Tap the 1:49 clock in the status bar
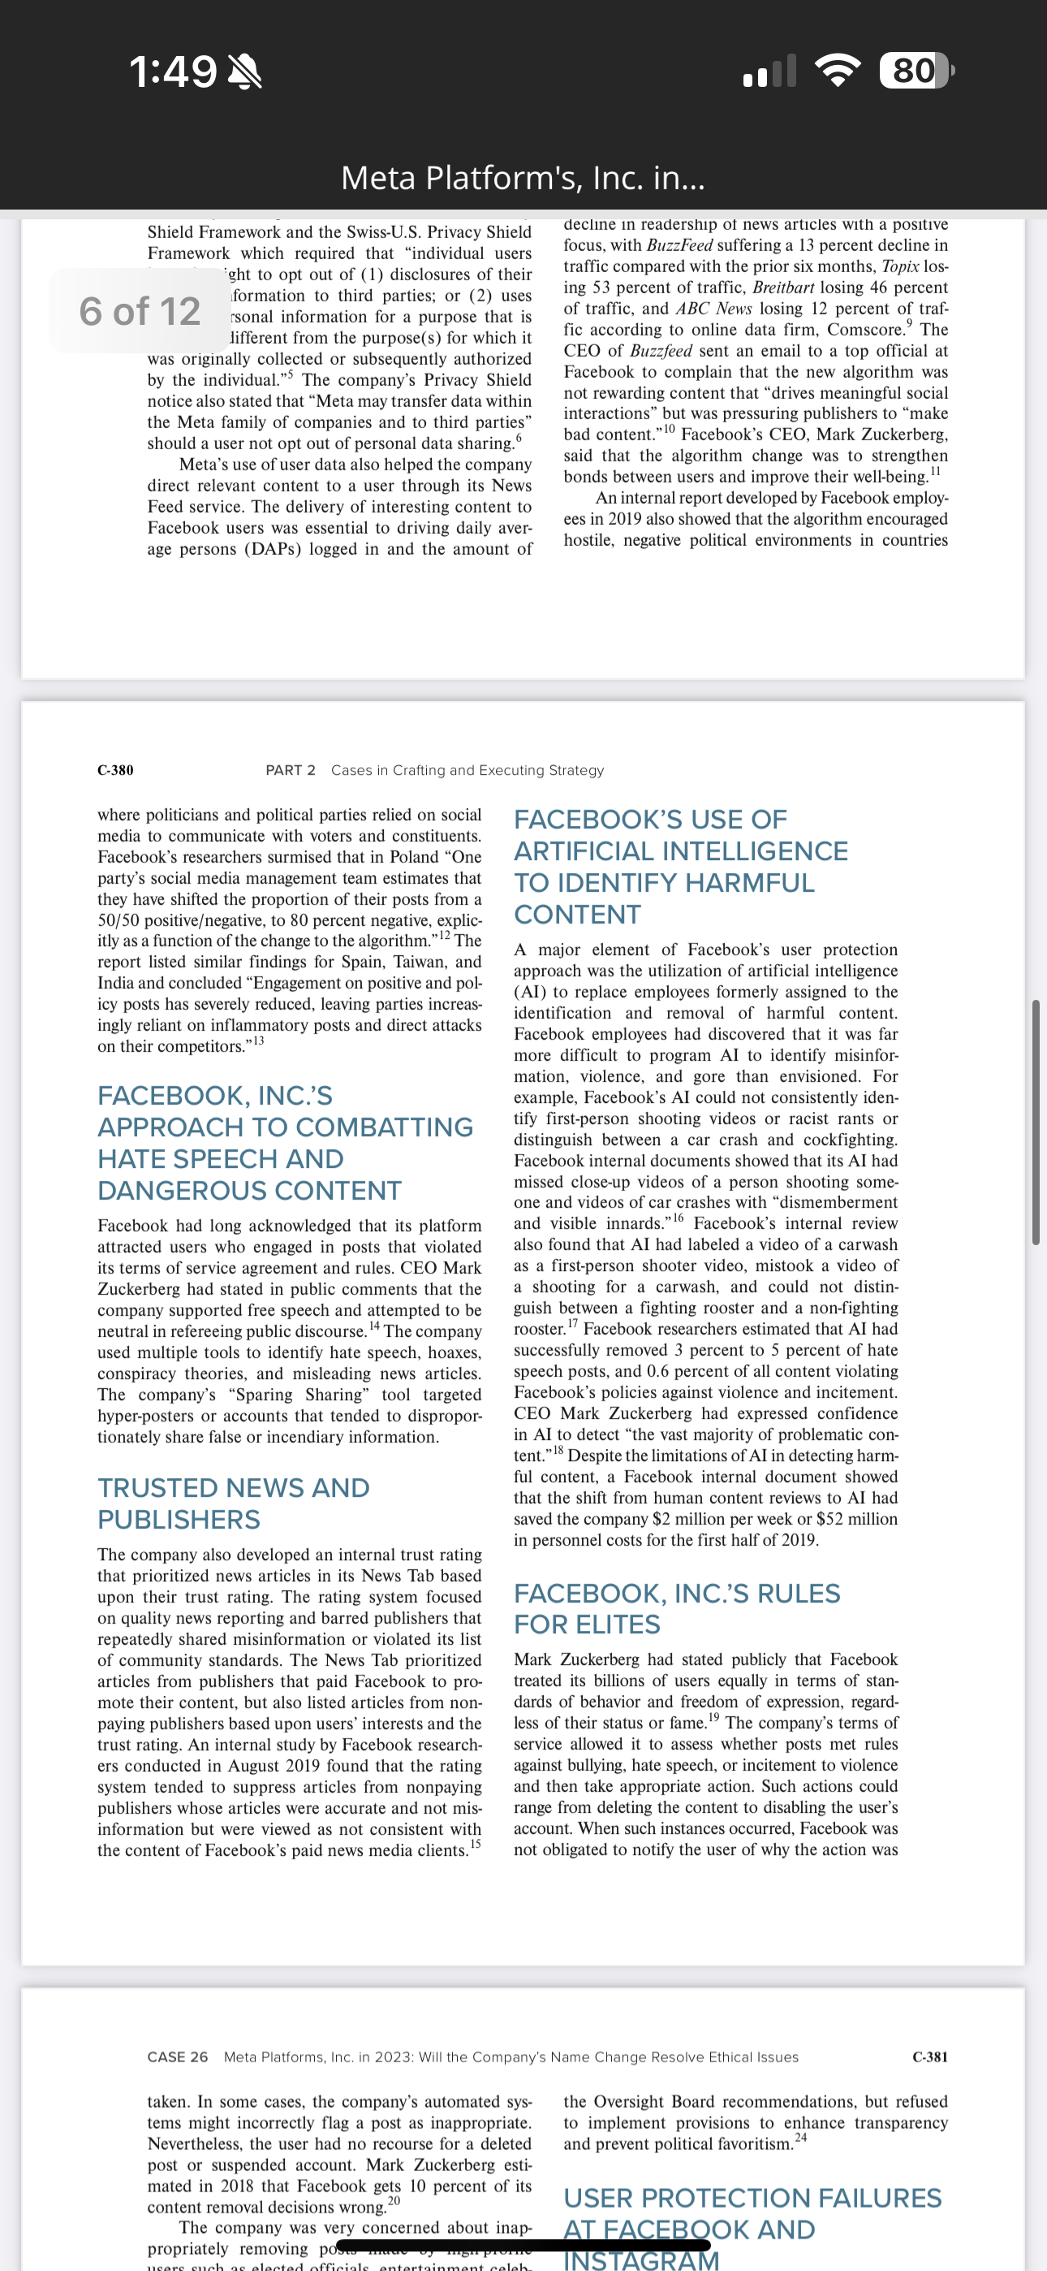(x=173, y=71)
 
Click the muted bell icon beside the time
(x=244, y=71)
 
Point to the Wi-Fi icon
(x=838, y=71)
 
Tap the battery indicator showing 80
(x=916, y=71)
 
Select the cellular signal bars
(x=769, y=71)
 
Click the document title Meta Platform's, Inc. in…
(x=523, y=178)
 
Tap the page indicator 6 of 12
(x=140, y=311)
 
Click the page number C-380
(x=115, y=770)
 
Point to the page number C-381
(x=930, y=2057)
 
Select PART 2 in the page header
(x=290, y=770)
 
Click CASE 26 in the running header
(x=177, y=2057)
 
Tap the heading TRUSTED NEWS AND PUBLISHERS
(x=234, y=1503)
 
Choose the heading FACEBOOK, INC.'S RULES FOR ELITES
(x=676, y=1608)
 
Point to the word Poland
(x=414, y=857)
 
